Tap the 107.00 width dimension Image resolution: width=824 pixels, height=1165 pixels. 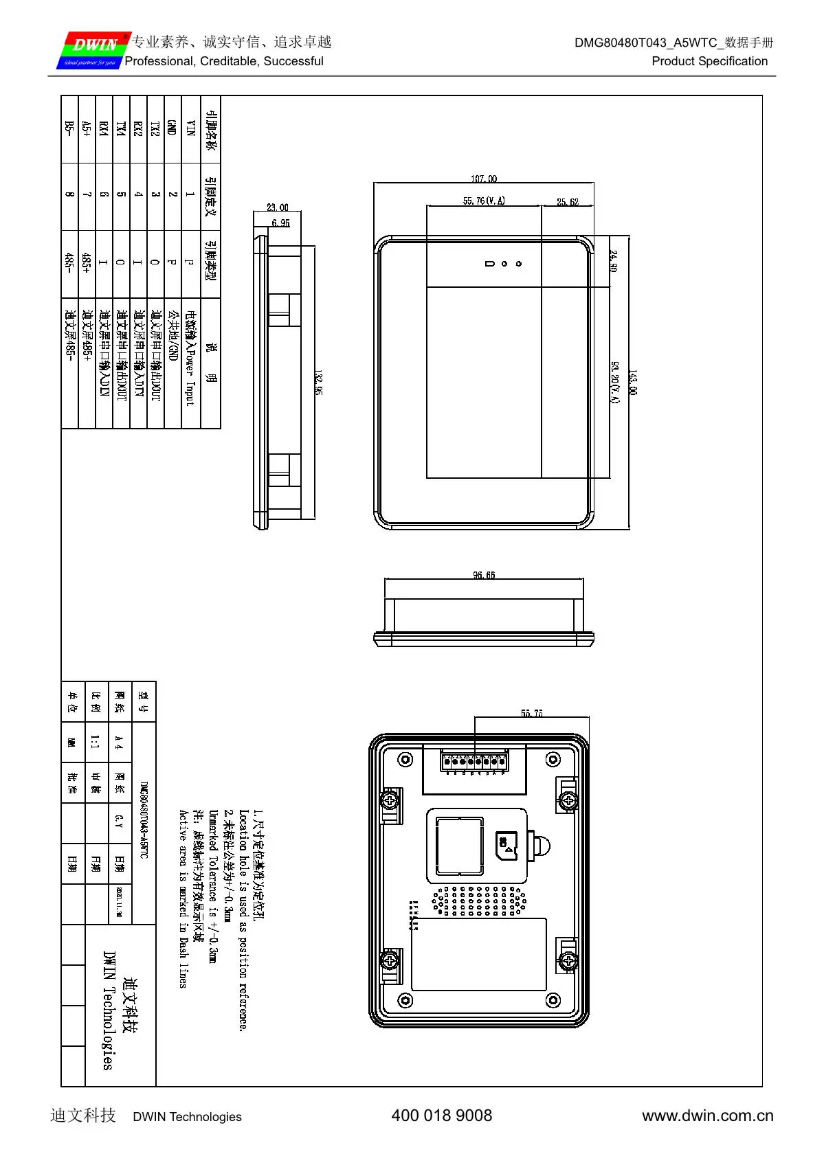[483, 179]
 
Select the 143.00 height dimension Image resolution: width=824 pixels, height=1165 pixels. [633, 382]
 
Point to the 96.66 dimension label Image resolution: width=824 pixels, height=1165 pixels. [484, 575]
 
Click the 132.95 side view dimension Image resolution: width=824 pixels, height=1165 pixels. [318, 382]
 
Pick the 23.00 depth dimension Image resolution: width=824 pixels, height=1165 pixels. [278, 207]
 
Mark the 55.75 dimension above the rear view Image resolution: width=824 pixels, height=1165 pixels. [531, 713]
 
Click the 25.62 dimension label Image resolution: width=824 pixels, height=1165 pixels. [567, 202]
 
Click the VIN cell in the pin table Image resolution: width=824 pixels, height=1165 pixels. [191, 128]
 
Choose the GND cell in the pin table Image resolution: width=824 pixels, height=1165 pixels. [172, 128]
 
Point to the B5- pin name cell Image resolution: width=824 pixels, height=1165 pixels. [69, 128]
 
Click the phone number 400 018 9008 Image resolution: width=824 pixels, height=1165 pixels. [441, 1116]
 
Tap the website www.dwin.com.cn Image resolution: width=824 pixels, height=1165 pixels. [707, 1116]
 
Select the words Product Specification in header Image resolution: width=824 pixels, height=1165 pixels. [709, 61]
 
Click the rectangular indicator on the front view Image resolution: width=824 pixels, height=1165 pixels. [489, 264]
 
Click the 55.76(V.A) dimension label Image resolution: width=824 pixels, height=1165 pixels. [484, 201]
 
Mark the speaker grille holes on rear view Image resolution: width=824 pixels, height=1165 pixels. [479, 901]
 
